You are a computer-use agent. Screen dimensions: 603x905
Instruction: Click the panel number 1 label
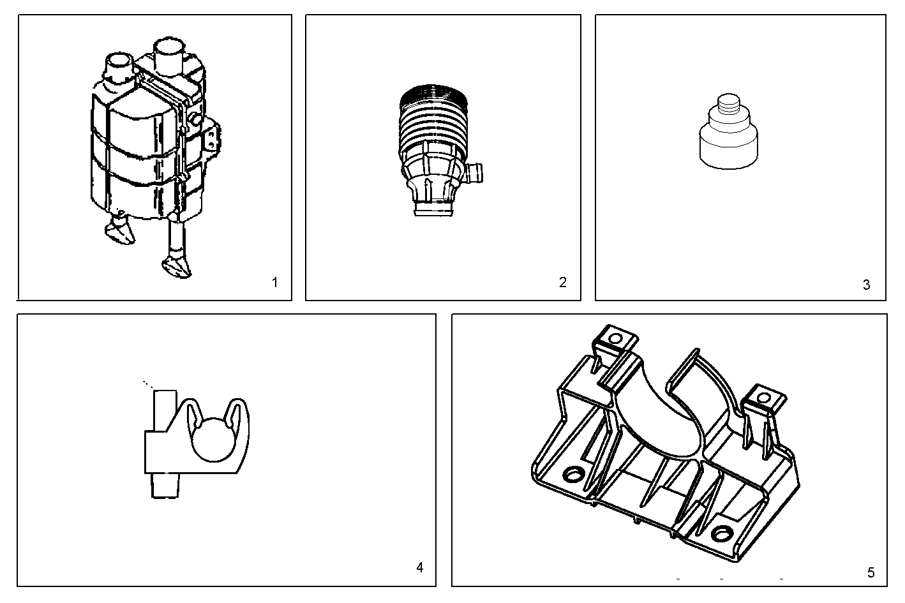274,282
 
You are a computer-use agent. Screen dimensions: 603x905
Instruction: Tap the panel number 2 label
562,282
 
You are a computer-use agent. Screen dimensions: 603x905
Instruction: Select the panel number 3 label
866,285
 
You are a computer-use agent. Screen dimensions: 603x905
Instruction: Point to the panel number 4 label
419,567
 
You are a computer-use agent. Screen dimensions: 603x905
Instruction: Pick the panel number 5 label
871,572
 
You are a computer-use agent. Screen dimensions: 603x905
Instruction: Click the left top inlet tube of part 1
119,64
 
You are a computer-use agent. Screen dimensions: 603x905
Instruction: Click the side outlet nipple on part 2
474,172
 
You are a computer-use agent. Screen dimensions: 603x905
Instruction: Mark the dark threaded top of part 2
435,96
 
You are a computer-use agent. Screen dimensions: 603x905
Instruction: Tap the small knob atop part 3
728,104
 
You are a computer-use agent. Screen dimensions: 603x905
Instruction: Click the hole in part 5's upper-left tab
616,338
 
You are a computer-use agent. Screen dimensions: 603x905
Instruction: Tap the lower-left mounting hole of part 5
573,475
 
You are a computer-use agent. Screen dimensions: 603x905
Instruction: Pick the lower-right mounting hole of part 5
722,533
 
